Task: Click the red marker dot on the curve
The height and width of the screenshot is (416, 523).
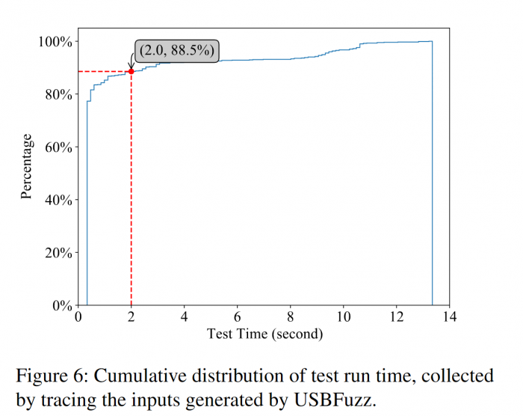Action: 131,71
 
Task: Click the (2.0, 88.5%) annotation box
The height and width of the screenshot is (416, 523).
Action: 177,51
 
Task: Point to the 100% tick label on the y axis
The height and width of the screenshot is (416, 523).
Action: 55,42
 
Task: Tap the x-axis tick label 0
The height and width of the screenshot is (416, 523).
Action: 78,317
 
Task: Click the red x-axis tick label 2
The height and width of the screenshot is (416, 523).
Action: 131,317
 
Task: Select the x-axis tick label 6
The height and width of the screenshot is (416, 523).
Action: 238,317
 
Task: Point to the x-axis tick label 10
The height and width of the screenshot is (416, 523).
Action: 343,317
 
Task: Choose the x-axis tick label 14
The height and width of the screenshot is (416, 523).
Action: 449,317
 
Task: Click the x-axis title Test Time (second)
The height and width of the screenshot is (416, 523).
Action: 264,334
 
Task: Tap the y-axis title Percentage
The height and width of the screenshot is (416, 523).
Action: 27,166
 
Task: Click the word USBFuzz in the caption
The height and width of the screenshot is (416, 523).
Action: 340,398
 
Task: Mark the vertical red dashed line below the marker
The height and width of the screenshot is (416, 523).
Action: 131,187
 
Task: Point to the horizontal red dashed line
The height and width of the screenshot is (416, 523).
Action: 105,71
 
